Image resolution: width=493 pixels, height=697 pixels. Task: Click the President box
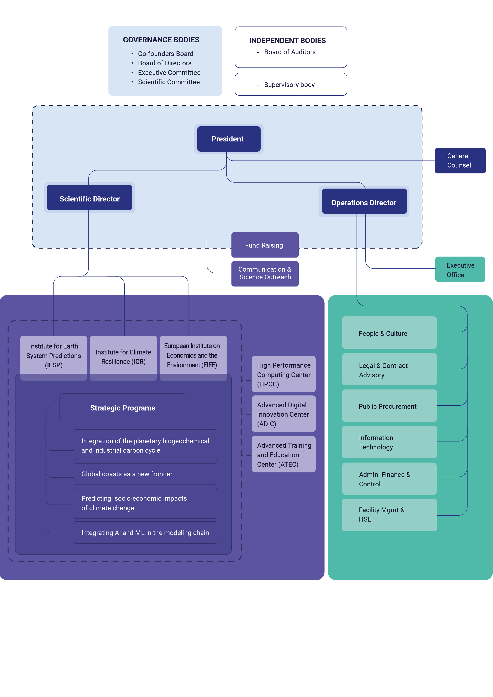[229, 139]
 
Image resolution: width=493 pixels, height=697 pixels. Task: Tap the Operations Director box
[364, 201]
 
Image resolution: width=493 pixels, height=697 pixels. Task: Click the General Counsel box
[460, 161]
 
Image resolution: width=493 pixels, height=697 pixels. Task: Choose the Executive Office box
[460, 269]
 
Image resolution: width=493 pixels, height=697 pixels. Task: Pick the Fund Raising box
[265, 245]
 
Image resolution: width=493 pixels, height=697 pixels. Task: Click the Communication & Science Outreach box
[265, 274]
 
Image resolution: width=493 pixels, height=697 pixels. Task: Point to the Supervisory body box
[291, 84]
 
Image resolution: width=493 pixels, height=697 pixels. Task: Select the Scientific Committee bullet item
[169, 82]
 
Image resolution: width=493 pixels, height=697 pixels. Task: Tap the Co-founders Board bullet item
[166, 54]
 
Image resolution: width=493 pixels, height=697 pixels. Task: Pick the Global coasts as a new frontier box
[145, 474]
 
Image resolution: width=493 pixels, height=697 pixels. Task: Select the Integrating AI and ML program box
[145, 532]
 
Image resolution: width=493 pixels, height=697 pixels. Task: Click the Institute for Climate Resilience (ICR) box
[123, 358]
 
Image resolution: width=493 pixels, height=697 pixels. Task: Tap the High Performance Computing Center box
[284, 374]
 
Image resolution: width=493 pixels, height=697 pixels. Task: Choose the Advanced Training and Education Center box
[284, 454]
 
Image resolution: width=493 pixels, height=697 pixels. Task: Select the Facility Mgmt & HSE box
[389, 515]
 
